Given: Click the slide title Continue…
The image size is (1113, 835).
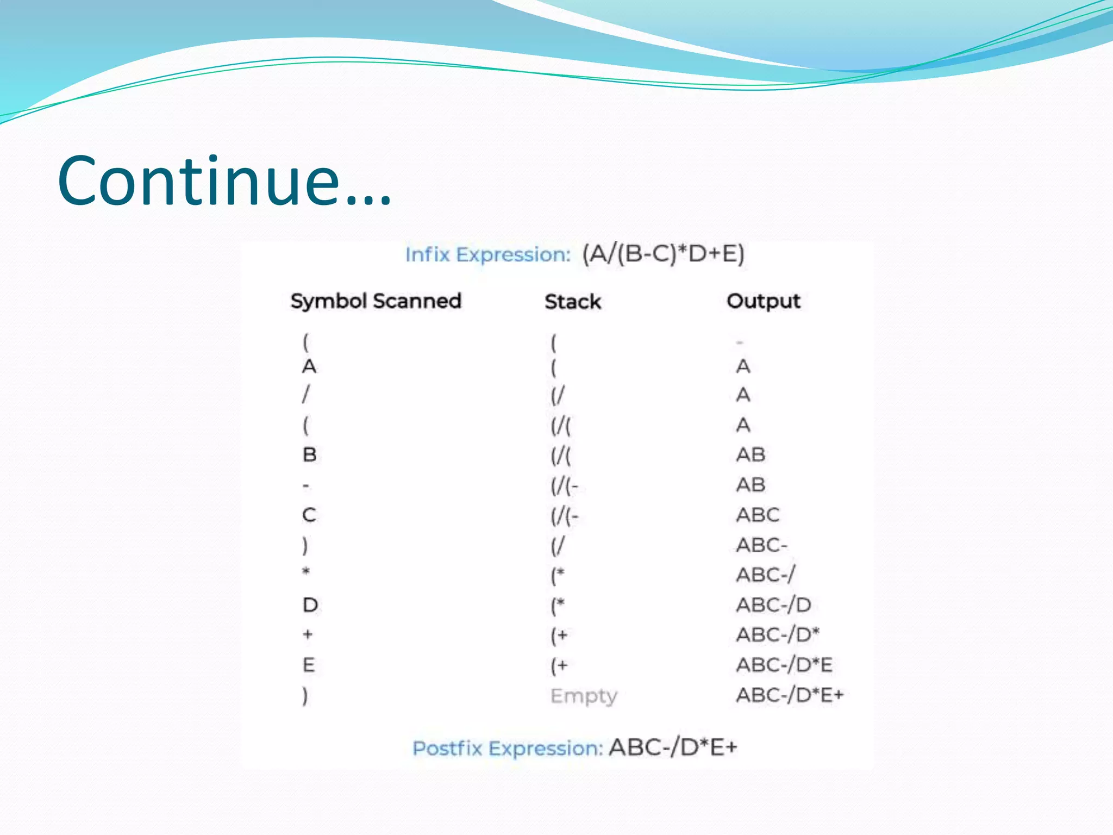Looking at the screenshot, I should pyautogui.click(x=224, y=181).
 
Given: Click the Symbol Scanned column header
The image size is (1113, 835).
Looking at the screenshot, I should pyautogui.click(x=376, y=301).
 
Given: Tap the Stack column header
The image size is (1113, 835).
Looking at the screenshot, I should pyautogui.click(x=573, y=302).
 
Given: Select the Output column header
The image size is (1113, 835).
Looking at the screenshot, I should pyautogui.click(x=764, y=301).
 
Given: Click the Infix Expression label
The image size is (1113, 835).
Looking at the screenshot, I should pyautogui.click(x=487, y=254).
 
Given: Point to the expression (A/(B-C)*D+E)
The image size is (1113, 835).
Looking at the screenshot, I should pyautogui.click(x=663, y=254).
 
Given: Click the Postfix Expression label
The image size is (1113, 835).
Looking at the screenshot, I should pyautogui.click(x=508, y=749).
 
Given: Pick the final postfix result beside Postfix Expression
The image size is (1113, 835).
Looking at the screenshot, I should pyautogui.click(x=673, y=747).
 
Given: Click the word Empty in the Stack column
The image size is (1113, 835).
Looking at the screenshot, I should pyautogui.click(x=584, y=696).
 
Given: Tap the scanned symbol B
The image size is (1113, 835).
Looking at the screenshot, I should pyautogui.click(x=309, y=454).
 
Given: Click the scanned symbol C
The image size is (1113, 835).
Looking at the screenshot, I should pyautogui.click(x=309, y=515).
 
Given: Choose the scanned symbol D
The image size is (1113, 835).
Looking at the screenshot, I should pyautogui.click(x=310, y=605).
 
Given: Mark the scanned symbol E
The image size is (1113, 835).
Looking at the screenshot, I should pyautogui.click(x=309, y=665).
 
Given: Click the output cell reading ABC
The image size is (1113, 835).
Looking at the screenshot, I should pyautogui.click(x=758, y=515).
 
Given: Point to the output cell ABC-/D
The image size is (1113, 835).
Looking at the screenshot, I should pyautogui.click(x=773, y=605).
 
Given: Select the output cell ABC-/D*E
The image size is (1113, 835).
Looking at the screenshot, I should pyautogui.click(x=784, y=665).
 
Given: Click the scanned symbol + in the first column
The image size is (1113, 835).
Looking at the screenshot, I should pyautogui.click(x=308, y=634).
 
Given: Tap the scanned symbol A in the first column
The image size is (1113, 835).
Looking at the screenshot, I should pyautogui.click(x=309, y=366).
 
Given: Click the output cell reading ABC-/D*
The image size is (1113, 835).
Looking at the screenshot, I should pyautogui.click(x=778, y=634).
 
